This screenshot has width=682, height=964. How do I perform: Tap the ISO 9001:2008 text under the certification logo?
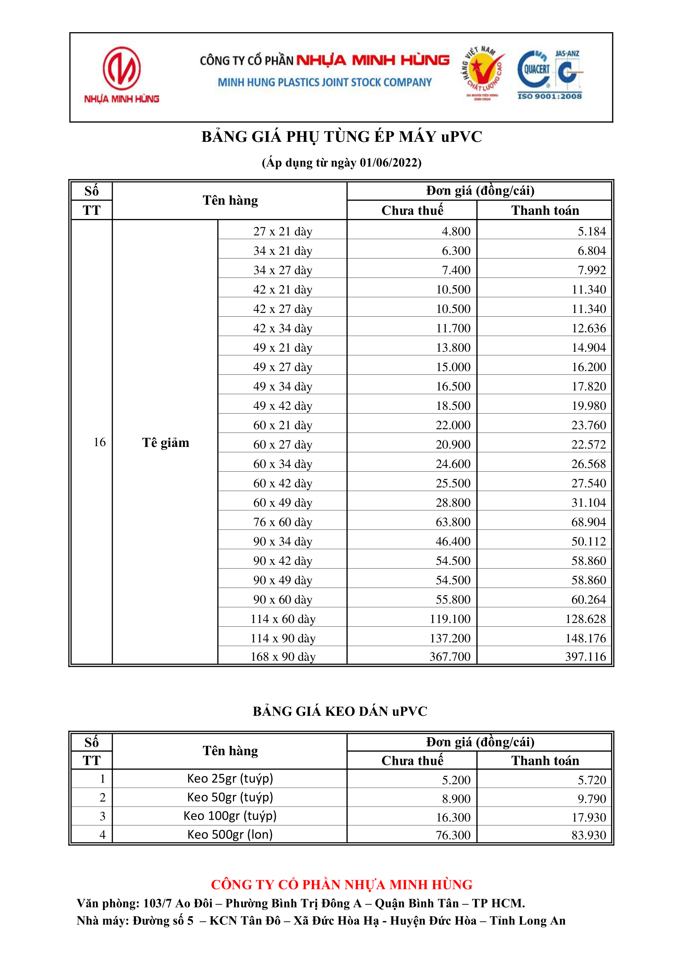(x=549, y=96)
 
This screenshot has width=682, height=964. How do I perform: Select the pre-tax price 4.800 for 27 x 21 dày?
(x=456, y=231)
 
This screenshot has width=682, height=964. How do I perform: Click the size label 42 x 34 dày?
(x=282, y=328)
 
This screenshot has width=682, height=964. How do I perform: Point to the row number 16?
(x=99, y=442)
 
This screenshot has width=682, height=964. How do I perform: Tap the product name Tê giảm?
(x=165, y=442)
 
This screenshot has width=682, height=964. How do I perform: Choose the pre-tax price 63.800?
(x=453, y=522)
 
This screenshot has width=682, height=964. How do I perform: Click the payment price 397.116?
(x=586, y=656)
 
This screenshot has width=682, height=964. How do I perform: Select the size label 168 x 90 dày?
(x=282, y=657)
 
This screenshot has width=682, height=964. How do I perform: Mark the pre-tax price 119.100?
(x=450, y=619)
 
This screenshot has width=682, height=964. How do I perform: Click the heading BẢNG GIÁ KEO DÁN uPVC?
(x=340, y=711)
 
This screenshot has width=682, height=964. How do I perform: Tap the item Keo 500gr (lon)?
(x=230, y=834)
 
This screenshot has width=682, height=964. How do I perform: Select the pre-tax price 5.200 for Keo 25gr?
(x=456, y=780)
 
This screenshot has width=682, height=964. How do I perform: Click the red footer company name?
(x=341, y=885)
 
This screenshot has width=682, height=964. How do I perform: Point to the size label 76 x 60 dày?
(x=282, y=522)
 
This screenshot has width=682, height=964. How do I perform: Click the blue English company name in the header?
(x=324, y=82)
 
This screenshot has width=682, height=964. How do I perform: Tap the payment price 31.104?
(x=588, y=503)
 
